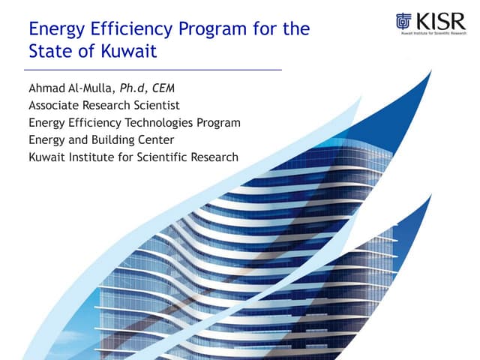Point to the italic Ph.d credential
pyautogui.click(x=145, y=88)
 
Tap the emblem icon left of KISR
pyautogui.click(x=403, y=22)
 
